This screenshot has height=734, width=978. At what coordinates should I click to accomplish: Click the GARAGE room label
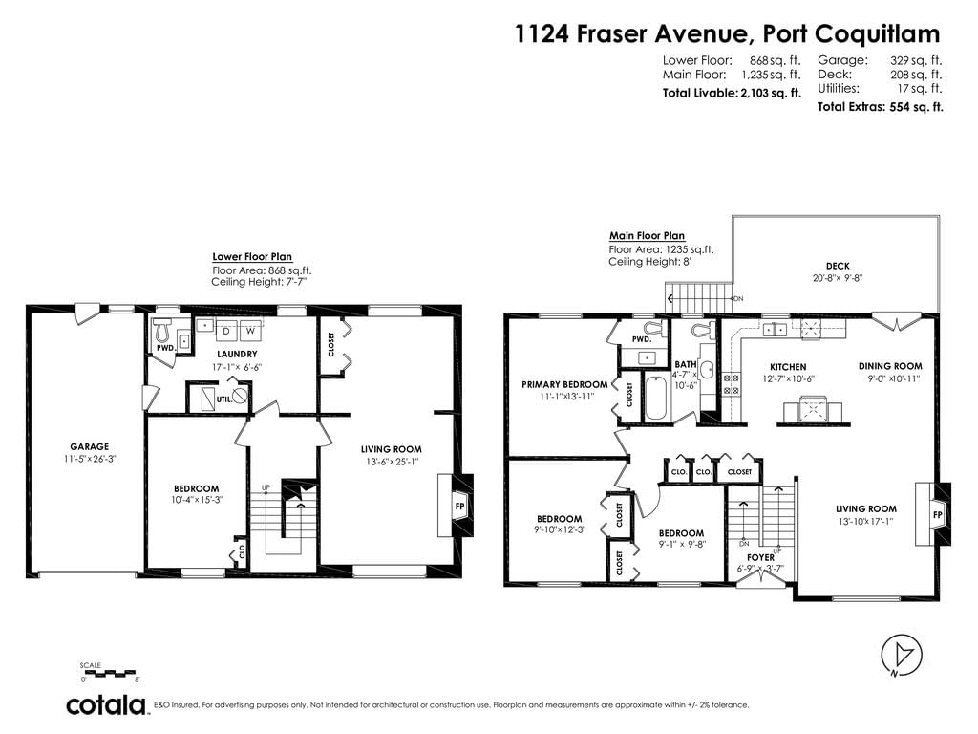pos(89,446)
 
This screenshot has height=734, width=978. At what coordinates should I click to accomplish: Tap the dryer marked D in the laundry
pos(226,331)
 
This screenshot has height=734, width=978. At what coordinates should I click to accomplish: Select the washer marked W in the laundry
pos(250,331)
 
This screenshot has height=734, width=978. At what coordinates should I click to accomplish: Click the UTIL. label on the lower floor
pos(223,399)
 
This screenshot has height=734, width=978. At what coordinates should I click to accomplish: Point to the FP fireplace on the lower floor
pos(459,506)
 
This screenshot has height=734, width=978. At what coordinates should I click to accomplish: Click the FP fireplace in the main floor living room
pos(937,514)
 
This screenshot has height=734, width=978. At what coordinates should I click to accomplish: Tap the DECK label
pos(838,266)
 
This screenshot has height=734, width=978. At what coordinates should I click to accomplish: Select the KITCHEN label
pos(788,367)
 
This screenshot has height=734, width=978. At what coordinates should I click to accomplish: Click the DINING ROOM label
pos(890,366)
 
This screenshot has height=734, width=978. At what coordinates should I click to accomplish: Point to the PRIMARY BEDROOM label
pos(564,384)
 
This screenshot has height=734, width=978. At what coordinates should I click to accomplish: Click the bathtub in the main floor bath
pos(655,398)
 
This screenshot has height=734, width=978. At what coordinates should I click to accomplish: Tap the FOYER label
pos(760,557)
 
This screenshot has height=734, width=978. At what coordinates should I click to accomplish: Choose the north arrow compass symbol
pos(902,656)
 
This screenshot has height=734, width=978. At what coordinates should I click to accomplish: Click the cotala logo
pos(105,705)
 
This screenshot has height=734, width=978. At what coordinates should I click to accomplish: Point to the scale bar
pos(107,673)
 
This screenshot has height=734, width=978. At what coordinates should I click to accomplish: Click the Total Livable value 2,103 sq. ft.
pos(772,93)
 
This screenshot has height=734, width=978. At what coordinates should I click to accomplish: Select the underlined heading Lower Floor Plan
pos(252,256)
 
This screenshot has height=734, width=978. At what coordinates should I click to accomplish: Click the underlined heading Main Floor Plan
pos(647,236)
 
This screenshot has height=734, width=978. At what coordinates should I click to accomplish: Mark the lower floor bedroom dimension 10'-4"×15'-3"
pos(197,500)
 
